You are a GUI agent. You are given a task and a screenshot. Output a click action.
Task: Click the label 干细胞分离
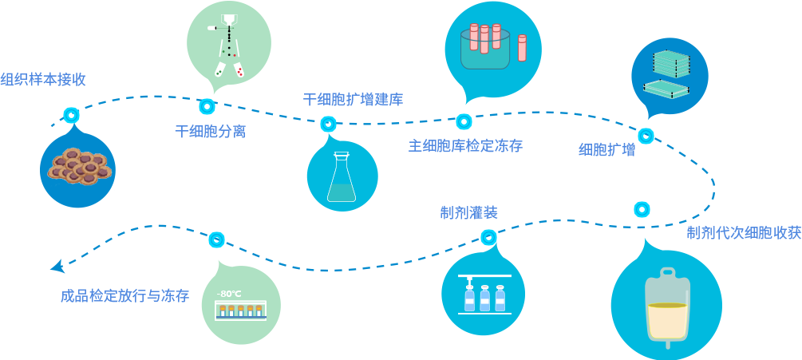click(x=210, y=132)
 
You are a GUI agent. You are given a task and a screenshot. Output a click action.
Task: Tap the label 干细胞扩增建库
click(x=353, y=100)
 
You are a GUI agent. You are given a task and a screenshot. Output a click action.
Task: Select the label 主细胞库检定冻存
click(x=465, y=146)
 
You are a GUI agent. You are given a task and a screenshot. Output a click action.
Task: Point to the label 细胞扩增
click(x=606, y=150)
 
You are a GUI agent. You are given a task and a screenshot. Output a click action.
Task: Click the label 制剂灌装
click(x=468, y=212)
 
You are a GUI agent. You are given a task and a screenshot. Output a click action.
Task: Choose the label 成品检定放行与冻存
click(x=124, y=296)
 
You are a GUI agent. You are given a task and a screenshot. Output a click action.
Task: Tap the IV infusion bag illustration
click(x=666, y=307)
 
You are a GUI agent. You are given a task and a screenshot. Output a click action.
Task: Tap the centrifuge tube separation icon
click(x=228, y=44)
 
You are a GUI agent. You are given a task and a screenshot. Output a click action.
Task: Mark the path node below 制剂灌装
click(x=489, y=237)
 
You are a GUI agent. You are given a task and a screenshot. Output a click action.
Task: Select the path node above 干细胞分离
click(x=208, y=106)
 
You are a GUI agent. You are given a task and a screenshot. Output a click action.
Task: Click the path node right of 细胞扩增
click(x=645, y=136)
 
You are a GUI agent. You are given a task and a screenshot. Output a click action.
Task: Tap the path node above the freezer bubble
click(x=216, y=239)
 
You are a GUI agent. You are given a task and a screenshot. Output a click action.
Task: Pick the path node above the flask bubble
click(x=327, y=123)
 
